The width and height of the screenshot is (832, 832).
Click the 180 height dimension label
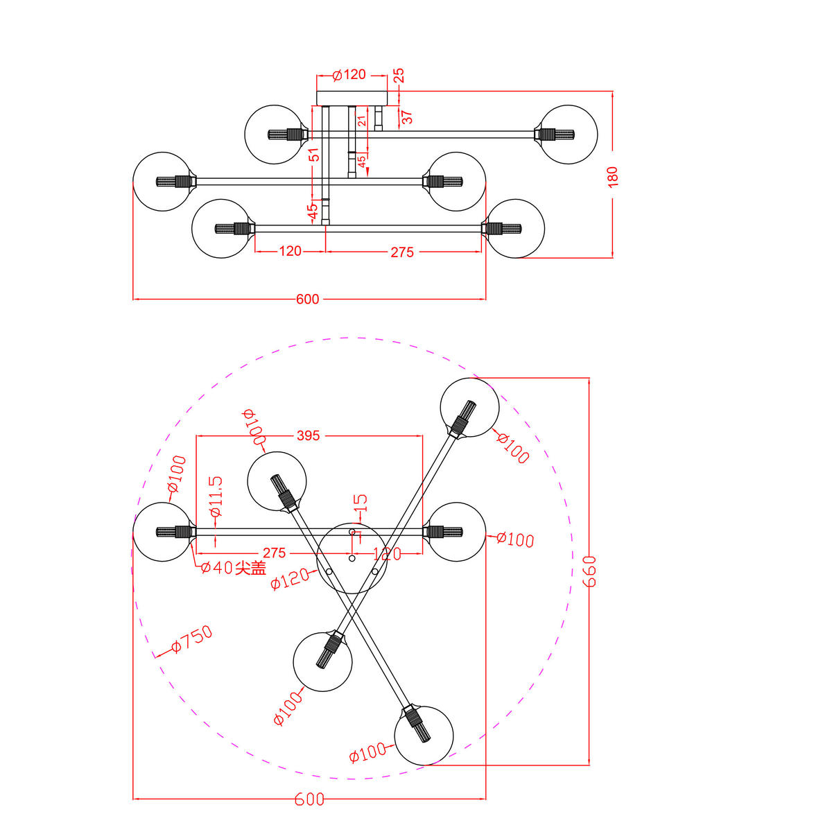pos(612,176)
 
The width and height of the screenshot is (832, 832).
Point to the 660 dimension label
pos(590,571)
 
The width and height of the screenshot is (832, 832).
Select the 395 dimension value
pos(308,435)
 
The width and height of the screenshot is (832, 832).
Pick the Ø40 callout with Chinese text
pos(233,568)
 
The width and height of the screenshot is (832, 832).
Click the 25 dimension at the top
pos(398,76)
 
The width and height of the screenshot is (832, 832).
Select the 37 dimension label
pos(408,117)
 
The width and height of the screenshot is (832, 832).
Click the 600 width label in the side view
pos(308,299)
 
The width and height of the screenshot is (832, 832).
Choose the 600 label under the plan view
pos(309,799)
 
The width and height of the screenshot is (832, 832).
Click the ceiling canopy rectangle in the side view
pos(352,98)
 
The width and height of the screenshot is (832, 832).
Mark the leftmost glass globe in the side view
pos(162,181)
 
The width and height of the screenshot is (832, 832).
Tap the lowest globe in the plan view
pos(424,736)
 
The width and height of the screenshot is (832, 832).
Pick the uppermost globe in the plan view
pos(470,408)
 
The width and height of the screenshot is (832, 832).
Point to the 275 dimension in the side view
pos(402,252)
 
